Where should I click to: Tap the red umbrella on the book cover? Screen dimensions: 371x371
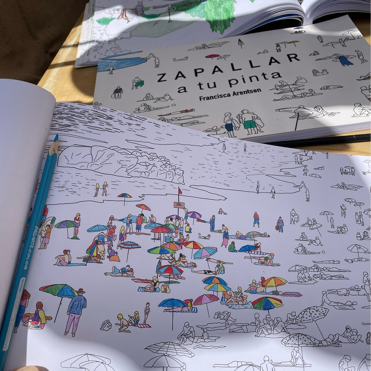tap(212, 56)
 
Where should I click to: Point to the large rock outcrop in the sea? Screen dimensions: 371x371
tap(122, 160)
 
